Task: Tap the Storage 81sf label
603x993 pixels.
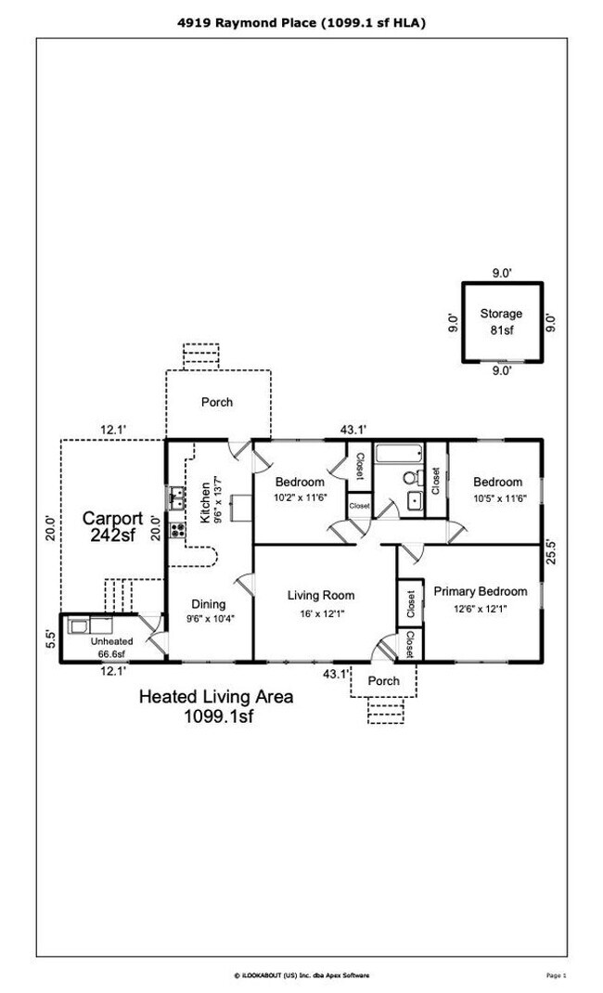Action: coord(501,321)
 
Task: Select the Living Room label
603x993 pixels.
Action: coord(320,595)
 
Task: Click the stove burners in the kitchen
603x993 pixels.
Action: coord(177,534)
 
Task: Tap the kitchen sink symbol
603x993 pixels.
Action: coord(175,497)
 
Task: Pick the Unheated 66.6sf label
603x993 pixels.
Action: coord(111,647)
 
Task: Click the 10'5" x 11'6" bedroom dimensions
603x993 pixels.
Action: coord(497,498)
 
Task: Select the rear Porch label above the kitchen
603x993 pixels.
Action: coord(217,403)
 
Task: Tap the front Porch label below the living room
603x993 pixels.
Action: coord(384,680)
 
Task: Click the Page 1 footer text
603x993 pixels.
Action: coord(557,974)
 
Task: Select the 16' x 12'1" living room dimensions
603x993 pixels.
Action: coord(320,613)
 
